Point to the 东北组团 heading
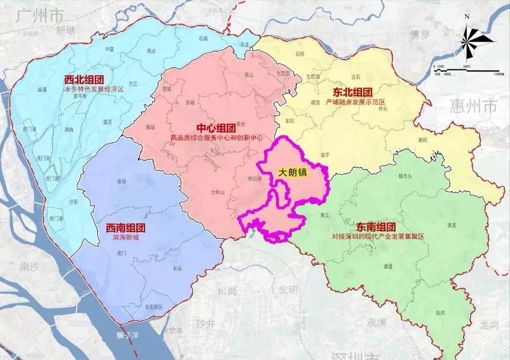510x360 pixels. pyautogui.click(x=353, y=92)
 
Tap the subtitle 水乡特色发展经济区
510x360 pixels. pyautogui.click(x=94, y=89)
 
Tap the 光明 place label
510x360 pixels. pyautogui.click(x=288, y=290)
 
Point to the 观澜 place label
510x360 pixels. pyautogui.click(x=376, y=323)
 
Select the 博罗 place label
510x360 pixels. pyautogui.click(x=419, y=34)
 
